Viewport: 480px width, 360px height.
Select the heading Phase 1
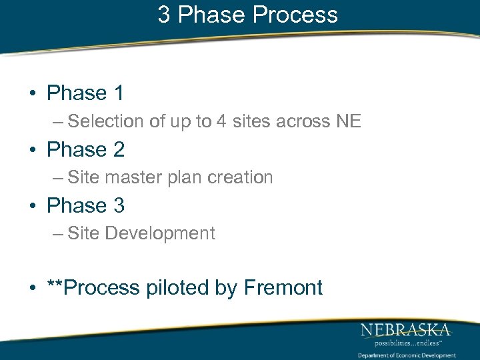pos(85,93)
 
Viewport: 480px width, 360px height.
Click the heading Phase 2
pos(85,149)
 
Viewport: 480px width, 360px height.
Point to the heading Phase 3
pos(85,205)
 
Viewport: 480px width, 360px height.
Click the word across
pos(299,122)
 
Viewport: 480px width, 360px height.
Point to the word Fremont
pos(283,288)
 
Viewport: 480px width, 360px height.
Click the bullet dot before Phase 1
pos(32,94)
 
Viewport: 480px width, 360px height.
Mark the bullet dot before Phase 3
pos(32,206)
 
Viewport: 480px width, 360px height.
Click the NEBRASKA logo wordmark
pos(405,329)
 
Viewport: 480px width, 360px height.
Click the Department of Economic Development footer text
pos(407,355)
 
